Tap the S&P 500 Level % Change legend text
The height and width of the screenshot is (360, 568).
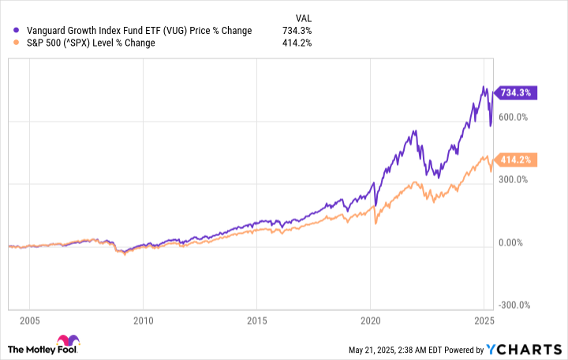coord(91,43)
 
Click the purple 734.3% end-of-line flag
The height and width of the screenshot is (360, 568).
coord(515,92)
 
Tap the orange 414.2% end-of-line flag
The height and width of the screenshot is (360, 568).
coord(515,159)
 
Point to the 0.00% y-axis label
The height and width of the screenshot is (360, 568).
coord(515,242)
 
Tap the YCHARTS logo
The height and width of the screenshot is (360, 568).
coord(525,349)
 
